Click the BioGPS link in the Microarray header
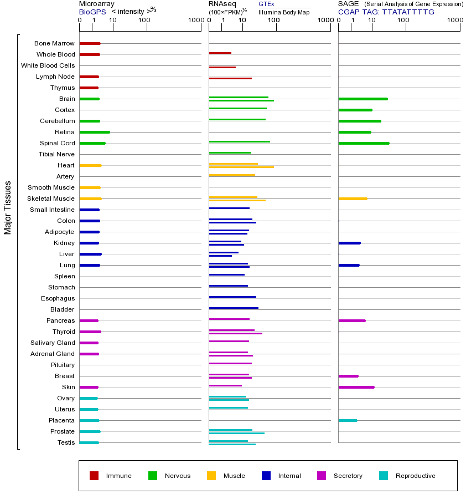pyautogui.click(x=92, y=12)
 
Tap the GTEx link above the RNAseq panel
pyautogui.click(x=266, y=4)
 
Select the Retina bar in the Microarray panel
pyautogui.click(x=95, y=132)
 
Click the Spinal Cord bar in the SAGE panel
pyautogui.click(x=364, y=143)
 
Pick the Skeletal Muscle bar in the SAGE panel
pyautogui.click(x=353, y=198)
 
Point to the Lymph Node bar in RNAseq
pyautogui.click(x=230, y=78)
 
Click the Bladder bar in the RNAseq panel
pyautogui.click(x=234, y=308)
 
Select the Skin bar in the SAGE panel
pyautogui.click(x=356, y=387)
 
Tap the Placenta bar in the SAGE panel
pyautogui.click(x=348, y=420)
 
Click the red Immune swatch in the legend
pyautogui.click(x=94, y=476)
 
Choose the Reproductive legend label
pyautogui.click(x=415, y=476)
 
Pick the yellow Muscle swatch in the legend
pyautogui.click(x=211, y=476)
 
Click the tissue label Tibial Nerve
pyautogui.click(x=56, y=154)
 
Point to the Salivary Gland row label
pyautogui.click(x=53, y=343)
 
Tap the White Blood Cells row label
pyautogui.click(x=48, y=65)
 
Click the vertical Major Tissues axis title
pyautogui.click(x=8, y=207)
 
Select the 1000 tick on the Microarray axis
pyautogui.click(x=195, y=21)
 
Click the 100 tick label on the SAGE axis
pyautogui.click(x=403, y=21)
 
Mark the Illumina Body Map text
pyautogui.click(x=284, y=12)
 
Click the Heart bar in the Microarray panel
pyautogui.click(x=90, y=165)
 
